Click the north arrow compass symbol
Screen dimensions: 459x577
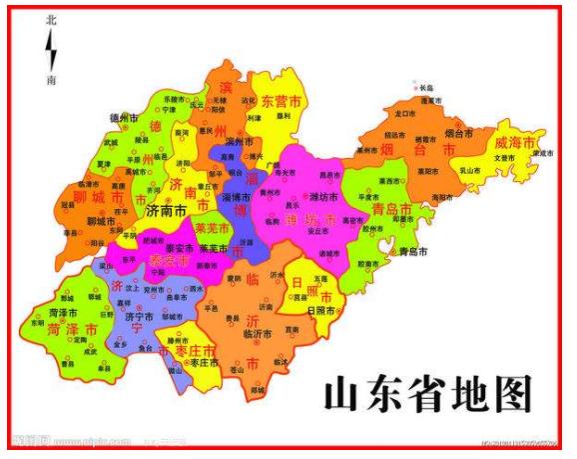pos(51,49)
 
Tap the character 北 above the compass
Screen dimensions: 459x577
pos(51,19)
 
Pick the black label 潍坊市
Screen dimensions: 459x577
pos(326,196)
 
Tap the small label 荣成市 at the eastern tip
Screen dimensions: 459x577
pos(540,154)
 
